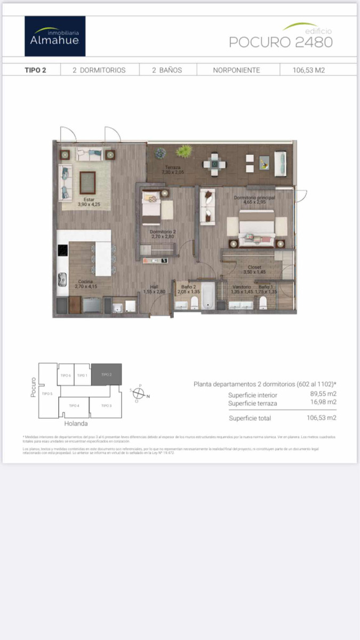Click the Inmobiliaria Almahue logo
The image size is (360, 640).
click(x=55, y=36)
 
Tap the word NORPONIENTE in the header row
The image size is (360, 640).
click(x=236, y=70)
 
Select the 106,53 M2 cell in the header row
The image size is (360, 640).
click(x=308, y=70)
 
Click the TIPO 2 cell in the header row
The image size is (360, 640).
click(x=35, y=70)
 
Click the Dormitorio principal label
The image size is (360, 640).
click(x=254, y=200)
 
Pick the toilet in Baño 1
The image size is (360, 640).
click(x=262, y=303)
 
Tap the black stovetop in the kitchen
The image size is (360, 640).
click(x=63, y=250)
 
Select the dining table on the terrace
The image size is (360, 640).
click(x=214, y=164)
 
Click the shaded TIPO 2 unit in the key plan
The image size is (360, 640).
click(x=106, y=374)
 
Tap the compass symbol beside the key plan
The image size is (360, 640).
click(x=138, y=394)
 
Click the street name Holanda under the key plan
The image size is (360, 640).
click(x=76, y=424)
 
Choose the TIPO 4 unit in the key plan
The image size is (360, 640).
click(x=74, y=406)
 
